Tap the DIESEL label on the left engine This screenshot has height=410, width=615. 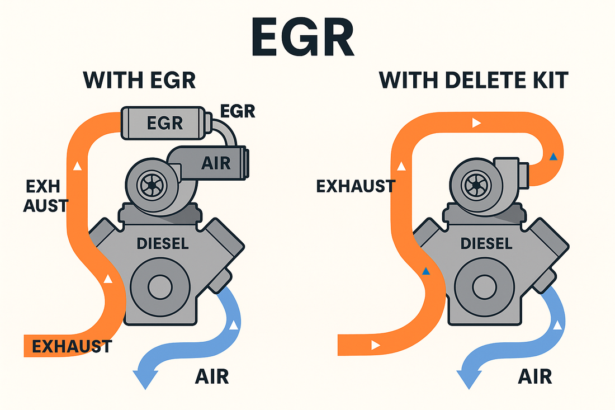tap(162, 243)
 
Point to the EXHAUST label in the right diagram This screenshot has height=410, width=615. tap(356, 186)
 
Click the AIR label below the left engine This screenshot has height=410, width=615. tap(212, 377)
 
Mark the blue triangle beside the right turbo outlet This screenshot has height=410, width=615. tap(553, 157)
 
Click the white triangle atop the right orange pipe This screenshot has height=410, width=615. tap(476, 122)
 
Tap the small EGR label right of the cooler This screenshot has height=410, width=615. tap(237, 111)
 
